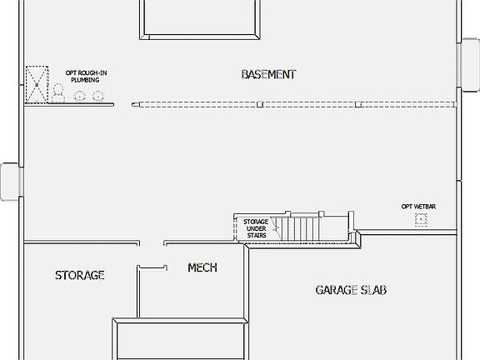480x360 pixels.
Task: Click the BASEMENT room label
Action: (268, 74)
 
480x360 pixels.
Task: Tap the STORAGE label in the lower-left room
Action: (80, 275)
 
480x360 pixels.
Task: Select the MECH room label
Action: (202, 267)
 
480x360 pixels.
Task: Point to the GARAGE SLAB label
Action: (351, 290)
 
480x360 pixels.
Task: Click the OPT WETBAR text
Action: (419, 205)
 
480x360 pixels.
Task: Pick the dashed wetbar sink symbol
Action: (421, 220)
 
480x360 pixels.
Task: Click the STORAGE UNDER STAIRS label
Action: (257, 228)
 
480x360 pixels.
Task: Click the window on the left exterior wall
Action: (8, 182)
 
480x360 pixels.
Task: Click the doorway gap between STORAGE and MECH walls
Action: (150, 244)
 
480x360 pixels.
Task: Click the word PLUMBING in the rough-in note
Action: (87, 81)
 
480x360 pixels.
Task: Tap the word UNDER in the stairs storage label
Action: (257, 228)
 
